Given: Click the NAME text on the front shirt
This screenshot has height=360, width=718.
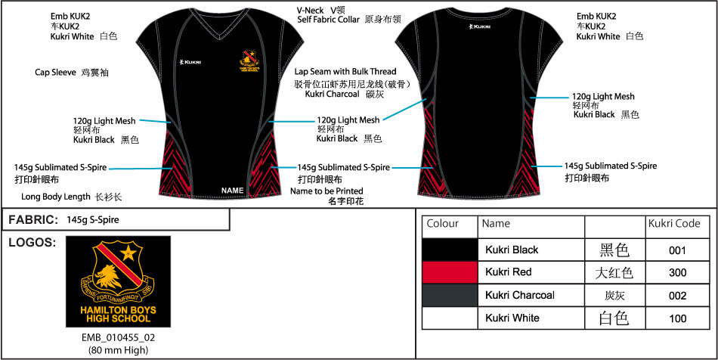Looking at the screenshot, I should [234, 190].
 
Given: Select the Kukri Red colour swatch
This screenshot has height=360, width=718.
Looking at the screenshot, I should [450, 272].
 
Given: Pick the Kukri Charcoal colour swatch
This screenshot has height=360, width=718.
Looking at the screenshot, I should [450, 295].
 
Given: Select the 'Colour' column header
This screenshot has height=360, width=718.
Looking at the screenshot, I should [443, 224].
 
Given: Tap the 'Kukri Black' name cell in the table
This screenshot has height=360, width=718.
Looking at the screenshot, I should [512, 250].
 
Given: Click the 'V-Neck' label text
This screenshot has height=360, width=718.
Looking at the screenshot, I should [311, 9].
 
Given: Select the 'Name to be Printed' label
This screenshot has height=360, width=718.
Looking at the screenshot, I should [327, 191].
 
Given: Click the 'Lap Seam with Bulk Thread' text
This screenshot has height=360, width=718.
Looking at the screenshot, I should [345, 72].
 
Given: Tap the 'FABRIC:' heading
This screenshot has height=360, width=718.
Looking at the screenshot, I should [33, 220].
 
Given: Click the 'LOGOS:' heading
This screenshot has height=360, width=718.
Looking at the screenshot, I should [32, 242].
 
